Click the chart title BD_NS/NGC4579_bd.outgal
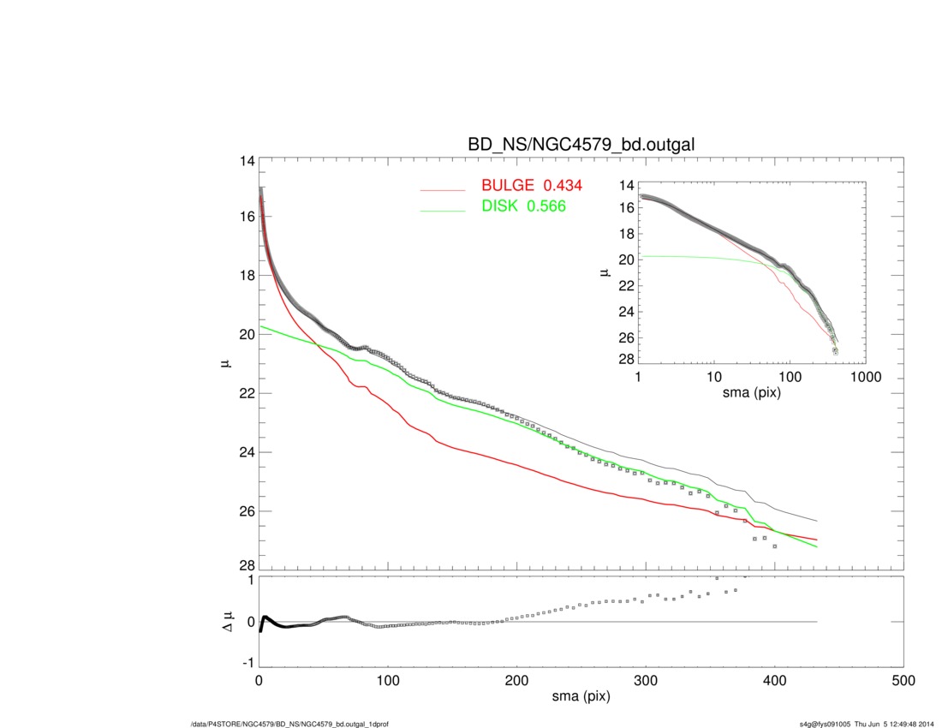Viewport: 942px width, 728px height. (581, 146)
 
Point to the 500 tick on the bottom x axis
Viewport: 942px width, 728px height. (903, 682)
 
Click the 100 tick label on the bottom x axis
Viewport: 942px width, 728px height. (388, 682)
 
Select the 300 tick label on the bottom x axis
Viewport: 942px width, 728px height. (646, 682)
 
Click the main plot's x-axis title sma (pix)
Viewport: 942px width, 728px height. (581, 698)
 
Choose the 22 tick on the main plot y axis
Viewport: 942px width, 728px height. (247, 393)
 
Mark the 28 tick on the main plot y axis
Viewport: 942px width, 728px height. (247, 565)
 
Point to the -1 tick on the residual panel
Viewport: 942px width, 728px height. (248, 663)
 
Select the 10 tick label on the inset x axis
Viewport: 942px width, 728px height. (713, 377)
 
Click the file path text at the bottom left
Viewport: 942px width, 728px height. (290, 725)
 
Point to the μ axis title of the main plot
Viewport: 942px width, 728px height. (224, 364)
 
